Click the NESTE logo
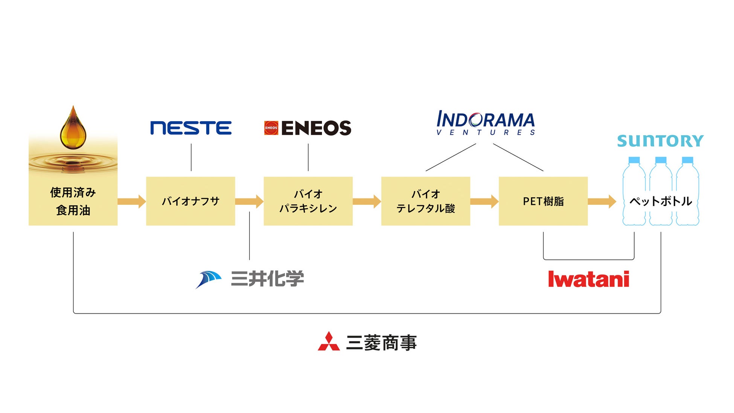click(x=190, y=128)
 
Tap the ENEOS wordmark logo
click(x=316, y=128)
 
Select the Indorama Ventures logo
click(x=486, y=123)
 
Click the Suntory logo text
click(x=660, y=141)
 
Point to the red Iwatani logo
click(x=588, y=279)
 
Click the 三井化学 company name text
click(x=267, y=279)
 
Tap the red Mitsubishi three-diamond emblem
click(x=329, y=342)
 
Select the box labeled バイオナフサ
click(x=190, y=201)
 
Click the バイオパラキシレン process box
click(x=308, y=201)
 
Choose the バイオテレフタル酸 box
click(x=425, y=201)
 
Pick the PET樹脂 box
click(x=543, y=201)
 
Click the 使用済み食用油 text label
click(x=73, y=201)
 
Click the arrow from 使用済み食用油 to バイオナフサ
click(x=131, y=201)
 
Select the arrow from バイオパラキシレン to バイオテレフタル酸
click(x=367, y=201)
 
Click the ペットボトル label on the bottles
click(x=661, y=201)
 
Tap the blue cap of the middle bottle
click(x=661, y=160)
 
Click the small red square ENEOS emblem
click(x=271, y=128)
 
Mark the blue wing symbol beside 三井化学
click(x=209, y=279)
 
